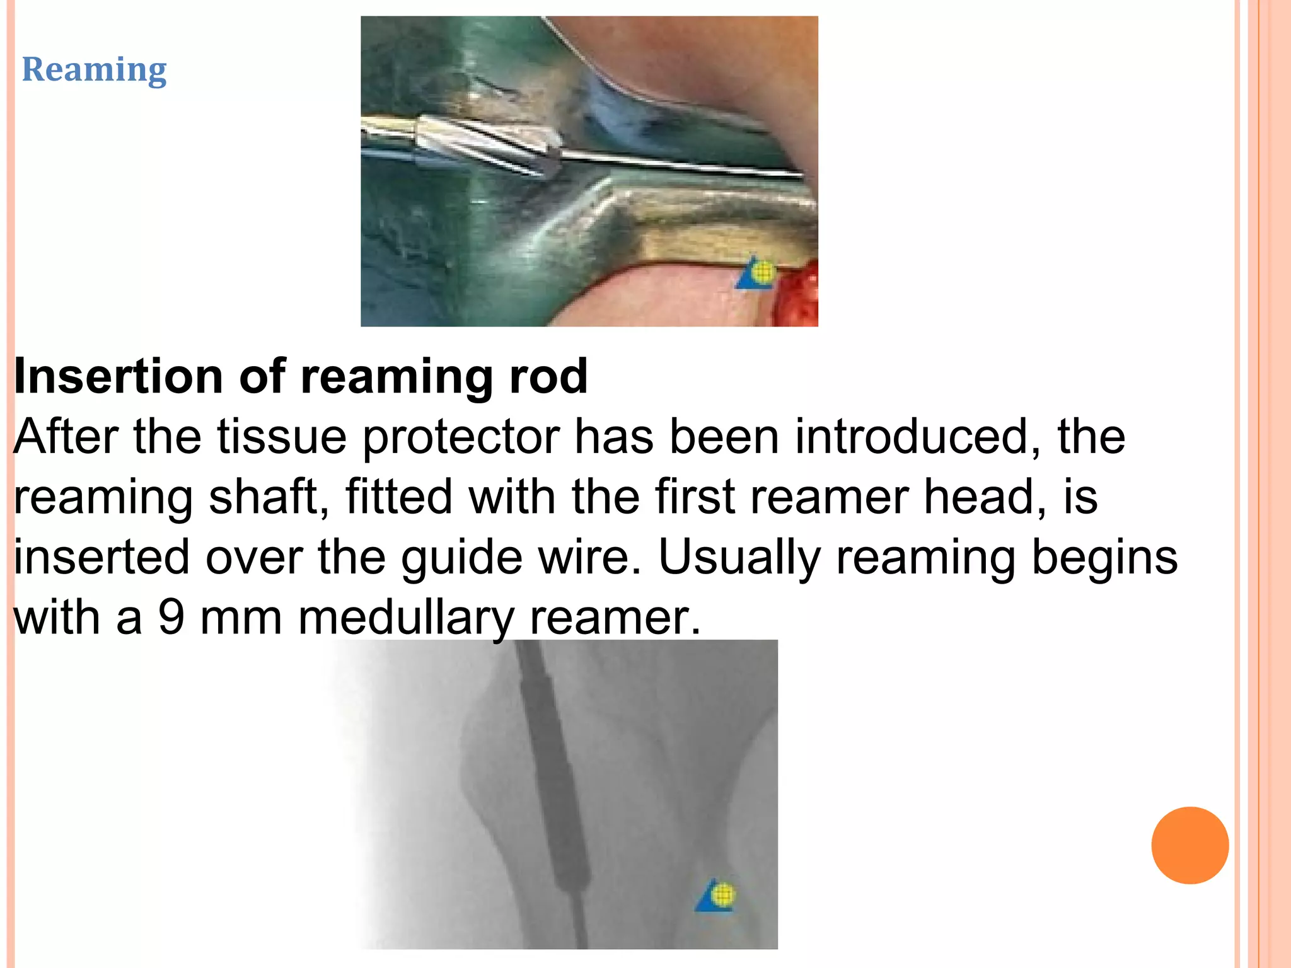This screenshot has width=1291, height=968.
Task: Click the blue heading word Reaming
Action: pyautogui.click(x=94, y=69)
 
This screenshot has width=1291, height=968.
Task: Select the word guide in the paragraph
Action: pyautogui.click(x=461, y=558)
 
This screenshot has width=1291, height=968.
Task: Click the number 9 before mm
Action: pyautogui.click(x=170, y=618)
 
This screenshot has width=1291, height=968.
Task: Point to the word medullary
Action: pyautogui.click(x=406, y=618)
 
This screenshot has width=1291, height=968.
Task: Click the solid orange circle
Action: pyautogui.click(x=1190, y=845)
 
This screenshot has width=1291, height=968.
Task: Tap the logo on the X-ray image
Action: pyautogui.click(x=717, y=895)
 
